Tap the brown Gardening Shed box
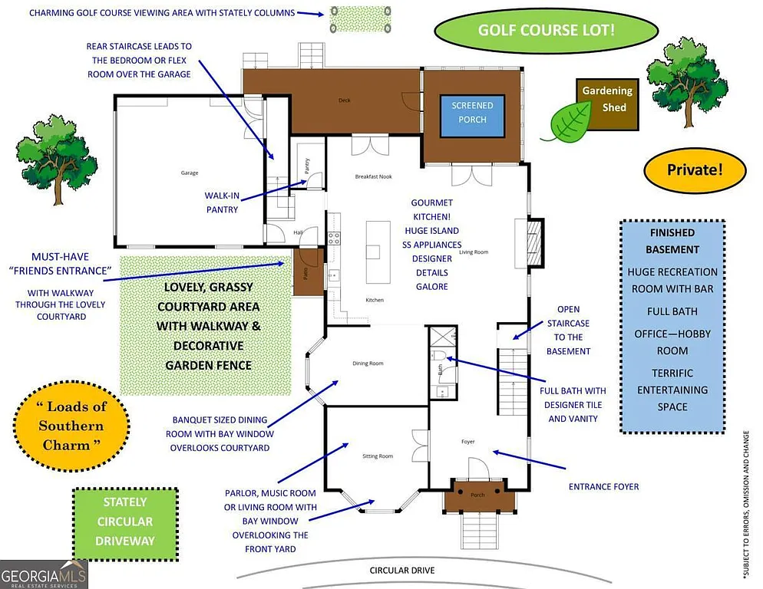pos(606,99)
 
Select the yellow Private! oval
pos(695,169)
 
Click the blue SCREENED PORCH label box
pos(472,112)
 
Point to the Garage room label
pos(190,173)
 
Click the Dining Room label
pos(368,364)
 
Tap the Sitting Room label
pos(378,456)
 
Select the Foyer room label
pos(468,442)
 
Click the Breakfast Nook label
pos(374,176)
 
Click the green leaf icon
pos(566,121)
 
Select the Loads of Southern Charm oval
pos(71,426)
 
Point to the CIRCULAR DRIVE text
pos(402,571)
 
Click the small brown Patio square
pos(304,272)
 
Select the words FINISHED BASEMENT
pos(672,241)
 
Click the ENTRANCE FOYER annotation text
pos(603,486)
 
